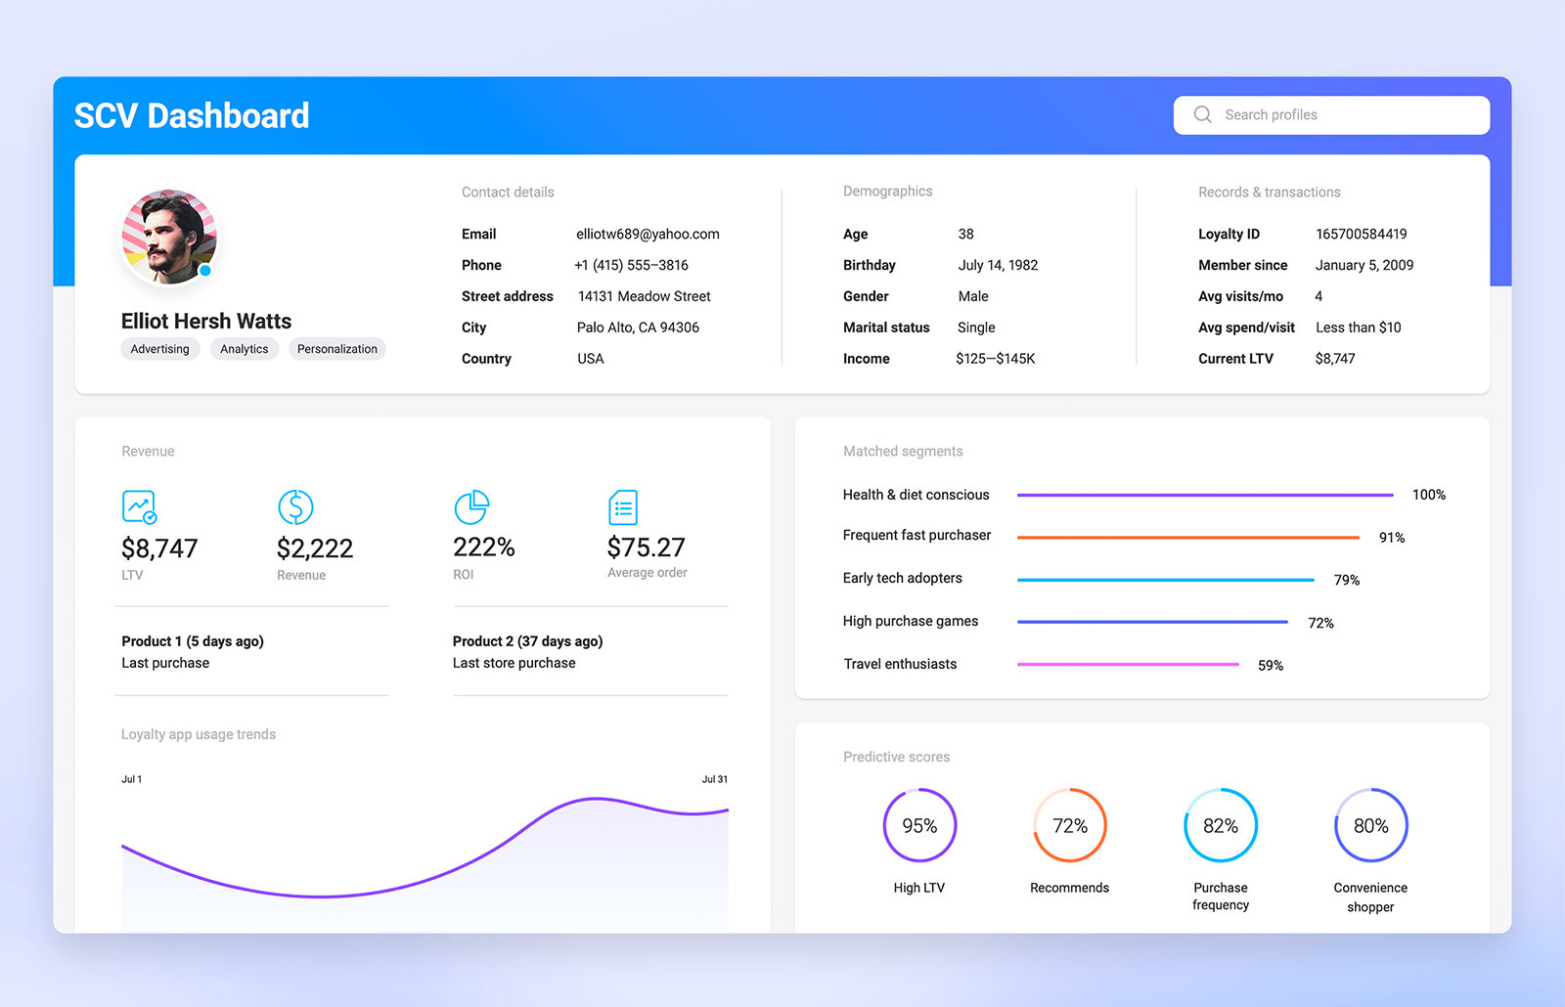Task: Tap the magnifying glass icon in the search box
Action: click(x=1202, y=114)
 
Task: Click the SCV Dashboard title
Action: click(x=192, y=116)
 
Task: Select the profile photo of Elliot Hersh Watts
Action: click(x=168, y=237)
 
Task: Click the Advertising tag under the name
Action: click(x=160, y=349)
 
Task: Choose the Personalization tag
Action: click(x=336, y=349)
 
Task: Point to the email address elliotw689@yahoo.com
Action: click(x=648, y=234)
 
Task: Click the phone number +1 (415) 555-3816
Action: click(x=631, y=265)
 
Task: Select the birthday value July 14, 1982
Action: click(x=998, y=265)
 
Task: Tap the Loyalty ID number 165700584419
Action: click(x=1361, y=234)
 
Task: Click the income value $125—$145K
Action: click(x=995, y=359)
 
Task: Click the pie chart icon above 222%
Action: click(x=471, y=506)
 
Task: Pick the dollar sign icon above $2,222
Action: click(x=295, y=506)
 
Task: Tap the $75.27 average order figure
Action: click(x=646, y=547)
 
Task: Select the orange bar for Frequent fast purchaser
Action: click(x=1187, y=538)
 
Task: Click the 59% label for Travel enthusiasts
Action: click(x=1270, y=666)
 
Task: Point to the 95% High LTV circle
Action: click(x=919, y=825)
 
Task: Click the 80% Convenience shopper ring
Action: click(x=1370, y=825)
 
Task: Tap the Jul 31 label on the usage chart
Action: click(x=714, y=779)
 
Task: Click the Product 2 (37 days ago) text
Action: click(x=527, y=641)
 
